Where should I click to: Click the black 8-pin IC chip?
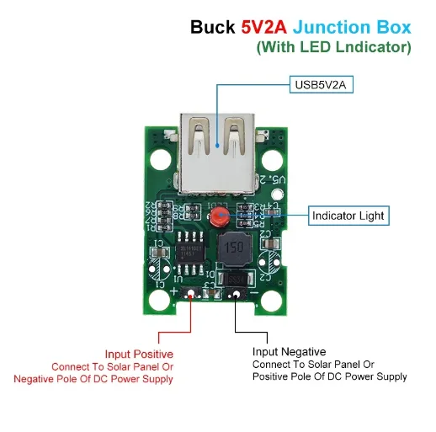192,248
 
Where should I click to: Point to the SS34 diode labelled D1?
235,280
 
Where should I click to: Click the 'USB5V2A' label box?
320,85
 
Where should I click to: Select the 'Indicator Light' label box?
348,216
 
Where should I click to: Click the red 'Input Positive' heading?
139,355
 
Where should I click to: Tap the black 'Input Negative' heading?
289,351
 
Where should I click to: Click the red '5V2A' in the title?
263,27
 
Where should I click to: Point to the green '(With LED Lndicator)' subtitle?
333,47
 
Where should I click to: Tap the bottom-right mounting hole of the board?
270,299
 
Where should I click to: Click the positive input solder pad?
193,295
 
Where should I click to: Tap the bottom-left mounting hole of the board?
159,271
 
